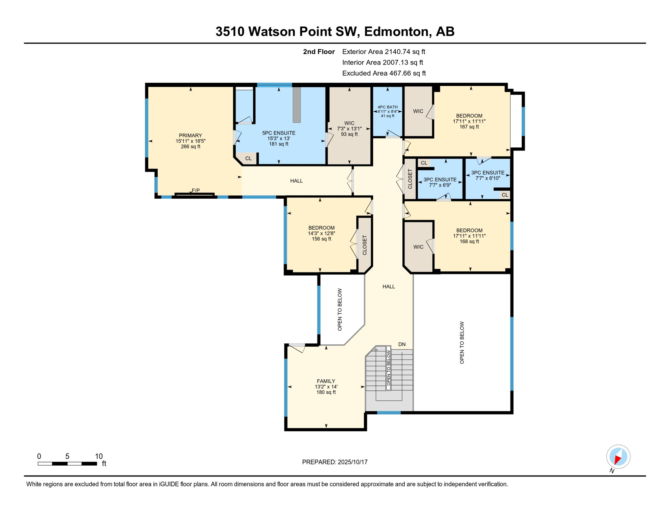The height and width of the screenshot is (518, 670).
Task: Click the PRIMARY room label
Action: [x=190, y=136]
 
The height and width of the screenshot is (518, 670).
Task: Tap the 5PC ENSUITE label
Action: [x=279, y=133]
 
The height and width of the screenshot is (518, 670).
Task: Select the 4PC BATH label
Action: [x=388, y=107]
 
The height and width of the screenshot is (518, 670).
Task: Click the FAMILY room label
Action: [x=326, y=381]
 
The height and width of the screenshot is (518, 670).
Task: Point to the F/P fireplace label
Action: [x=196, y=191]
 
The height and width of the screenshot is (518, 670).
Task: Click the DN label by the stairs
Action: [x=402, y=344]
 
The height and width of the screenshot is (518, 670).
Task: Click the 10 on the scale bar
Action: [x=99, y=456]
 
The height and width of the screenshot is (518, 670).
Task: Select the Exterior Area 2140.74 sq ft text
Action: [x=384, y=52]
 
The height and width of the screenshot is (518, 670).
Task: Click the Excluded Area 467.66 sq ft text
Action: [x=384, y=73]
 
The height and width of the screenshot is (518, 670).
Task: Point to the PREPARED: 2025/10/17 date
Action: [x=335, y=462]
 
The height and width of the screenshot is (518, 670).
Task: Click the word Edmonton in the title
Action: [x=396, y=31]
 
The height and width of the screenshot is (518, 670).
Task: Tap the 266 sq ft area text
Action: [x=190, y=147]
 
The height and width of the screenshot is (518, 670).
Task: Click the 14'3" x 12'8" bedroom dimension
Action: [x=322, y=233]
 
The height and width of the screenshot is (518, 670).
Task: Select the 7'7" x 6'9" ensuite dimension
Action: [x=440, y=185]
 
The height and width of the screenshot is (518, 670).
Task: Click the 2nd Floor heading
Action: [x=319, y=52]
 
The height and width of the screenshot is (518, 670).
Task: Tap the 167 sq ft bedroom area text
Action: [x=469, y=127]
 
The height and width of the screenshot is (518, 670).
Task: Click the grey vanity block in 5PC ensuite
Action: [x=297, y=105]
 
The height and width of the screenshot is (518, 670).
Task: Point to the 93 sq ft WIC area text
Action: [x=349, y=134]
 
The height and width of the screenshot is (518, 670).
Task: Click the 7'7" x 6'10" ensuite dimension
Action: [x=488, y=178]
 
